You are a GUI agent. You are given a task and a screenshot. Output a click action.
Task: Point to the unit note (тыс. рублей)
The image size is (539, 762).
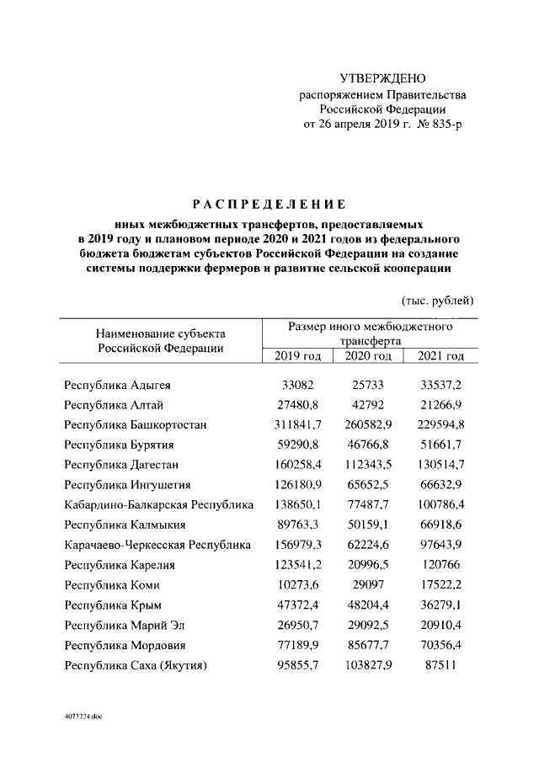[434, 301]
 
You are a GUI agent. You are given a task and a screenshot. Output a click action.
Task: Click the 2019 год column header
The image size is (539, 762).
[298, 356]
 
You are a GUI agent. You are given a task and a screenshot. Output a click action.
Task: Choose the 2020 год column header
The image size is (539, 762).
[369, 356]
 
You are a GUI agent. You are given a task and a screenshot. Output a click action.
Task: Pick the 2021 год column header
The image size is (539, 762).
[440, 356]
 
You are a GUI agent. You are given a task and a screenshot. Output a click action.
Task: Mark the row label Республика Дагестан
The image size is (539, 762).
[121, 464]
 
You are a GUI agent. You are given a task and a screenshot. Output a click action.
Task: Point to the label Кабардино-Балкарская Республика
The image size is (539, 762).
[158, 504]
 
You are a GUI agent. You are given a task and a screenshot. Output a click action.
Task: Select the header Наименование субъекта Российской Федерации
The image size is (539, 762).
[159, 339]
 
